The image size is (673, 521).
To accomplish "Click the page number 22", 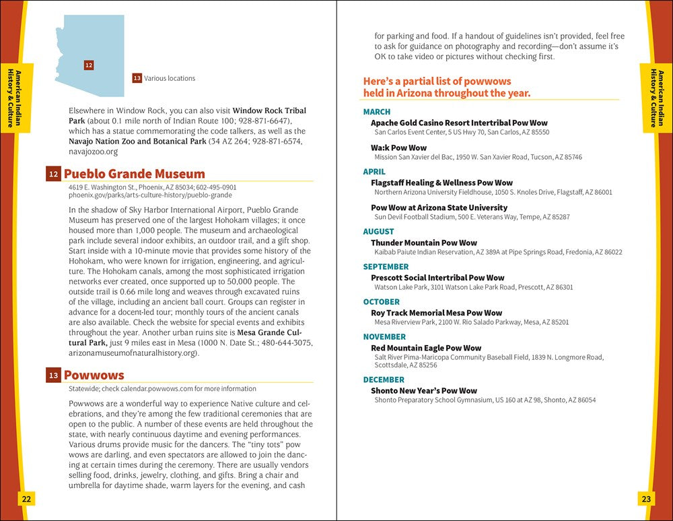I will click(26, 499).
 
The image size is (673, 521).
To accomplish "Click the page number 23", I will click(646, 499).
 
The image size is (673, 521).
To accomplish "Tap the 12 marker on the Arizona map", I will click(89, 65).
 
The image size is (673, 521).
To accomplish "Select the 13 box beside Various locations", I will click(137, 78).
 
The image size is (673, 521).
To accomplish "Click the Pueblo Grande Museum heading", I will click(134, 174).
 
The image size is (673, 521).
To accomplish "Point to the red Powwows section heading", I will click(94, 375).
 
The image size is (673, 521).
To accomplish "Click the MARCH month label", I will click(376, 112).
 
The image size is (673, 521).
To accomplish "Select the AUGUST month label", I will click(378, 232).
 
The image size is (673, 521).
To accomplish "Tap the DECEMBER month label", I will click(384, 379).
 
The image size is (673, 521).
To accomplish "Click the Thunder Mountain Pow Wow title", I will click(423, 243).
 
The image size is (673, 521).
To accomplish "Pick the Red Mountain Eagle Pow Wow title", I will click(426, 348).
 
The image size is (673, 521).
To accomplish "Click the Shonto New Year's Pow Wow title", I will click(423, 390).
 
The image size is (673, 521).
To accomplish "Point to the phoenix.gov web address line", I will click(150, 195).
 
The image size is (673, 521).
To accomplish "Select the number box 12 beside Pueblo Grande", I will click(53, 175).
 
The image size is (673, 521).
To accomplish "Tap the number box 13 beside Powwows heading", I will click(53, 376).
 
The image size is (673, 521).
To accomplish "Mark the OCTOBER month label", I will click(381, 302).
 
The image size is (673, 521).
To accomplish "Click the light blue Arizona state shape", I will click(94, 47).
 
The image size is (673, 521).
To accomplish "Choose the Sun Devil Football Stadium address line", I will click(472, 217).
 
